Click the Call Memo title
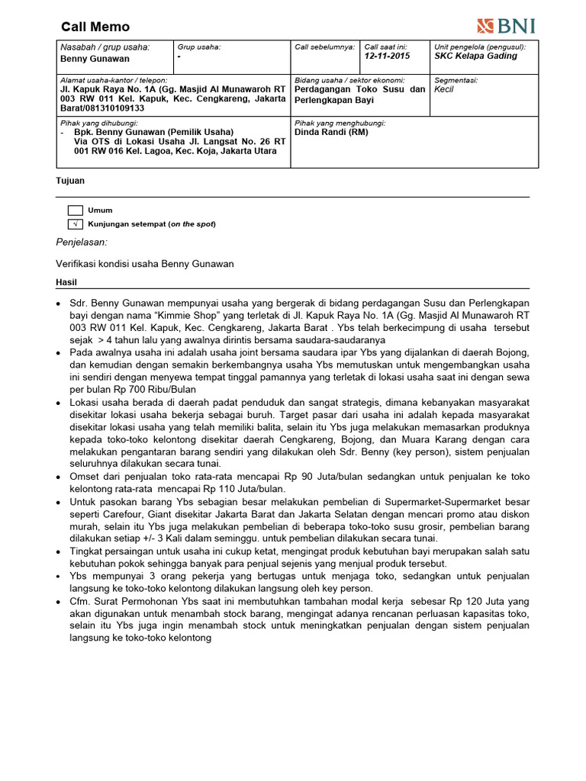[95, 27]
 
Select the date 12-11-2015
[387, 56]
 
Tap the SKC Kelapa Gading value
[475, 56]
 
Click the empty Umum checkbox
[75, 211]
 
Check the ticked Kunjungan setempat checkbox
[75, 224]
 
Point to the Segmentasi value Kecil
[444, 90]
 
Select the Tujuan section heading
[71, 181]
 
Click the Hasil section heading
[67, 282]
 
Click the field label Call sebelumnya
[325, 47]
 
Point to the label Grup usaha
[199, 47]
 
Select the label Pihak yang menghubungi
[340, 123]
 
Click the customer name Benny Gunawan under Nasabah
[95, 59]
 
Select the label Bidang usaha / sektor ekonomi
[349, 80]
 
